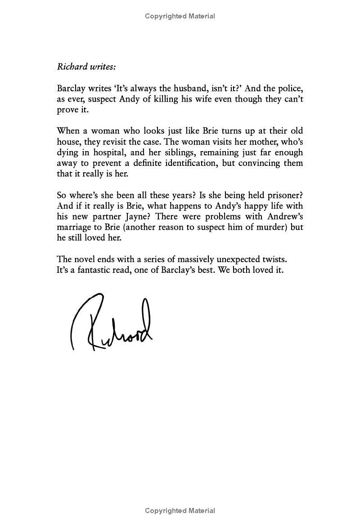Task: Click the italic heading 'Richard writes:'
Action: click(86, 67)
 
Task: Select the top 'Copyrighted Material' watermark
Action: click(180, 16)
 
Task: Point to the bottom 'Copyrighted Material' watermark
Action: click(180, 510)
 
